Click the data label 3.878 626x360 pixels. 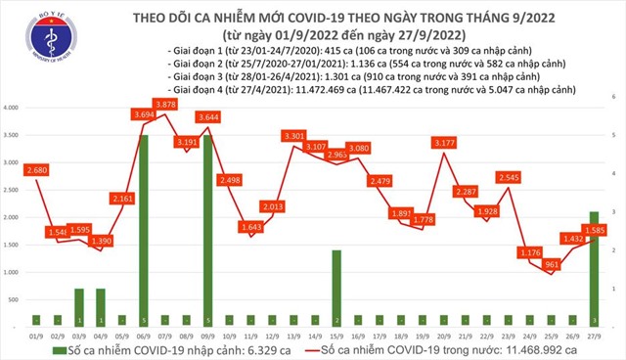coord(166,105)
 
